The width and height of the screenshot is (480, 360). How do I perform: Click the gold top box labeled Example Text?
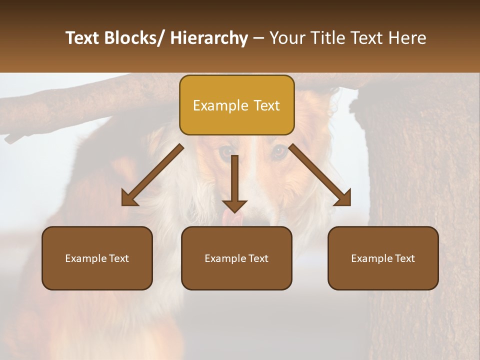coord(236,105)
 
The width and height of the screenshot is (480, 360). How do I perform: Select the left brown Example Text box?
coord(97,258)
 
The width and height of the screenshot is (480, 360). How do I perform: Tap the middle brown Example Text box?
coord(236,258)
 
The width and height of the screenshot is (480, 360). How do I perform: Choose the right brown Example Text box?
coord(383,258)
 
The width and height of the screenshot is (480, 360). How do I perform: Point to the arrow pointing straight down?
coord(234,182)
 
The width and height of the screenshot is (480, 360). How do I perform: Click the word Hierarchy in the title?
coord(209,38)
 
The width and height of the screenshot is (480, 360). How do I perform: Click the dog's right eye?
coord(279,151)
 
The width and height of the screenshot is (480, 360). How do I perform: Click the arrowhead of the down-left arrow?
coord(129,198)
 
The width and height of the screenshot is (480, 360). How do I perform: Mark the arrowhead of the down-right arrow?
coord(343,198)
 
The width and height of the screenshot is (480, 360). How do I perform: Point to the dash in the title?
coord(258,38)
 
